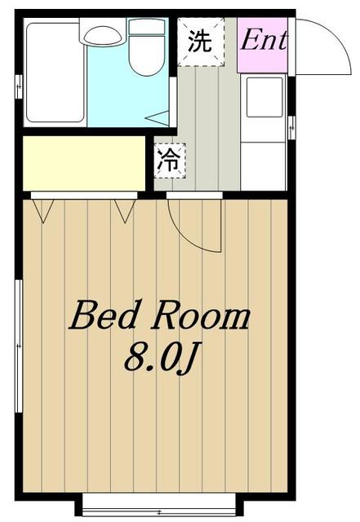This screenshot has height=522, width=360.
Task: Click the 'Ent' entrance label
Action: tap(264, 41)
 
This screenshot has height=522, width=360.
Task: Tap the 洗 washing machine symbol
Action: tap(200, 42)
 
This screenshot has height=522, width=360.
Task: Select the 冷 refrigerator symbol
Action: tap(170, 161)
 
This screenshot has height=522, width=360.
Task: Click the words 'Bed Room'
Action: tap(159, 316)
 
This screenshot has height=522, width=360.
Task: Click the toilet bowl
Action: tap(147, 55)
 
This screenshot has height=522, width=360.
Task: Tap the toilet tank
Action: tap(147, 27)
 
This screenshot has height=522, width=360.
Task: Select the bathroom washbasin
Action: tap(102, 36)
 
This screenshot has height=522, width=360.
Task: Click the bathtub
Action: tap(55, 73)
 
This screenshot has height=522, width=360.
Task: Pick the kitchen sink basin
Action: tap(264, 97)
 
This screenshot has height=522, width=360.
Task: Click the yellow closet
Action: tap(84, 163)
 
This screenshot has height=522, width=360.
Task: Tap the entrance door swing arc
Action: tap(336, 37)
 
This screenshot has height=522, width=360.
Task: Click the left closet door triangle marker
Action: tap(43, 210)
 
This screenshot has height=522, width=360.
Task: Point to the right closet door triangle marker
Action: tap(126, 210)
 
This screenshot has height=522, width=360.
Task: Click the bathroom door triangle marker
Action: tap(158, 118)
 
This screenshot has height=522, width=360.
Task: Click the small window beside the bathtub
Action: tap(19, 87)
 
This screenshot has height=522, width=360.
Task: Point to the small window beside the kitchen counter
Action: tap(291, 127)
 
